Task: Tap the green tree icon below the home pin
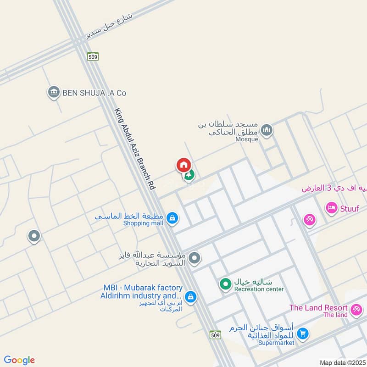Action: pyautogui.click(x=189, y=175)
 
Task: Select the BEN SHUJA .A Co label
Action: pyautogui.click(x=95, y=93)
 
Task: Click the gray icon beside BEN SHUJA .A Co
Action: pyautogui.click(x=54, y=92)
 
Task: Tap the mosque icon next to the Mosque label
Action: pyautogui.click(x=267, y=131)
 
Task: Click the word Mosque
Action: pyautogui.click(x=247, y=139)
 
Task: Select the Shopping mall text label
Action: pyautogui.click(x=143, y=223)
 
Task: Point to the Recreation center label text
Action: pyautogui.click(x=259, y=289)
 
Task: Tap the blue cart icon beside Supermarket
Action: pyautogui.click(x=302, y=334)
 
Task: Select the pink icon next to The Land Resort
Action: pyautogui.click(x=356, y=311)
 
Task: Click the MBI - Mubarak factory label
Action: pyautogui.click(x=143, y=288)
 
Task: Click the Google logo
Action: pyautogui.click(x=19, y=360)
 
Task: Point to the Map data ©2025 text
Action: pyautogui.click(x=342, y=363)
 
